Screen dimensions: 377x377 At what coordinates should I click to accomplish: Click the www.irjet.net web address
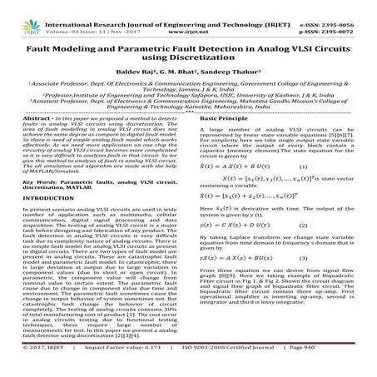point(190,17)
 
